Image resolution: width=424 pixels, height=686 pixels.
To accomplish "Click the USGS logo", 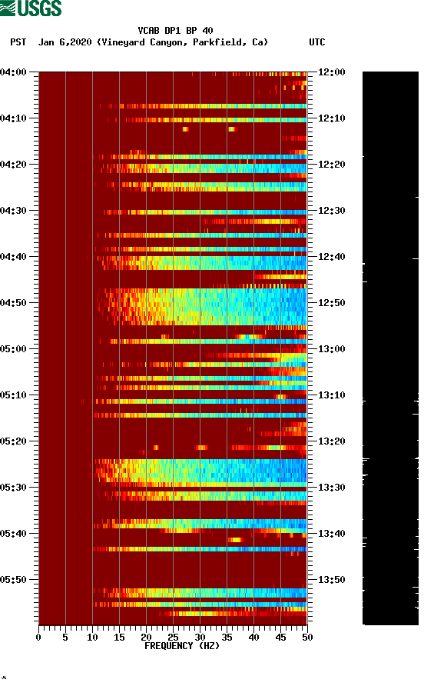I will [x=31, y=8].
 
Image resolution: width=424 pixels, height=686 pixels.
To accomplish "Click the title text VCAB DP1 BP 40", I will [x=175, y=31].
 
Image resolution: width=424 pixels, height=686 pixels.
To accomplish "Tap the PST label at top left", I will [x=18, y=42].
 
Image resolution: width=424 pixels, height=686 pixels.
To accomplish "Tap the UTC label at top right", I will [x=316, y=42].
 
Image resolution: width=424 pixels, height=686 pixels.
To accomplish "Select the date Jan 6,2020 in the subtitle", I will [x=65, y=42].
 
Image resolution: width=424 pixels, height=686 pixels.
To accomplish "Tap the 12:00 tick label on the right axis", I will [x=332, y=72].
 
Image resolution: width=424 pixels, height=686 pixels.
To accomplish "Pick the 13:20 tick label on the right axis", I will [x=332, y=441].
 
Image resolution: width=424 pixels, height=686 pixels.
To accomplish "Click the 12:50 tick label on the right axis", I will [x=332, y=303].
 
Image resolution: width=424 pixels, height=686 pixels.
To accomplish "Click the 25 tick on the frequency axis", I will [x=173, y=637].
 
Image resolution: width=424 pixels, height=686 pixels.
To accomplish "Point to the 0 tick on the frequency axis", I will [x=38, y=637].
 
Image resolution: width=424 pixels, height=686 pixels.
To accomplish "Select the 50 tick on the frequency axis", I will [x=306, y=637].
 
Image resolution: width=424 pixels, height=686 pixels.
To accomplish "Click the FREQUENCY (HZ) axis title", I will [x=172, y=646].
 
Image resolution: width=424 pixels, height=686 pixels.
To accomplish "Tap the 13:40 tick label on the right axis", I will [x=332, y=534].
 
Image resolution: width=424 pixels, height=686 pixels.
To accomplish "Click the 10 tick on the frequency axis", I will [x=92, y=637].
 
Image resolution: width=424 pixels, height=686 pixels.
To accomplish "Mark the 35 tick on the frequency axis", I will [x=227, y=637].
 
